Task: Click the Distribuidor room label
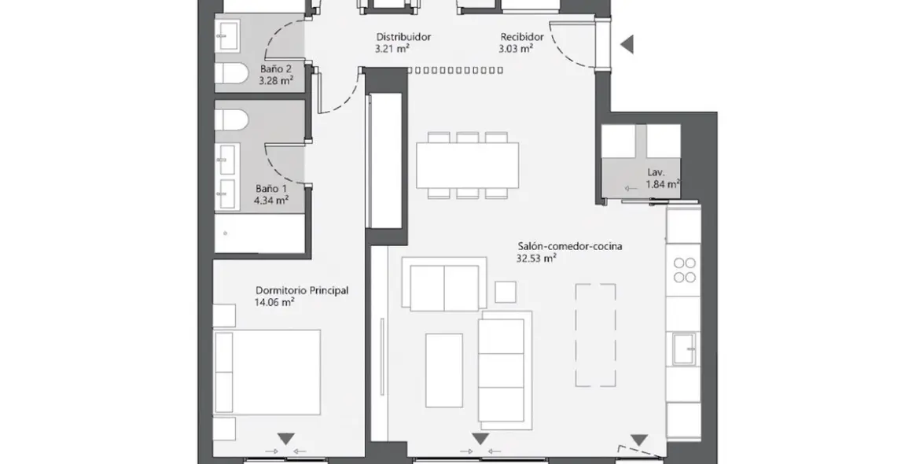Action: point(403,37)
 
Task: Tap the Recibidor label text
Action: point(522,37)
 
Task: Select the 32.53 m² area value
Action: point(536,257)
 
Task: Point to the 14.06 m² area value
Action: point(274,301)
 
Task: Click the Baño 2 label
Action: point(276,68)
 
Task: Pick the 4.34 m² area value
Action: point(270,201)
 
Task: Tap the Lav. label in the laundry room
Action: point(656,171)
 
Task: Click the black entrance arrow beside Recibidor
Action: point(627,45)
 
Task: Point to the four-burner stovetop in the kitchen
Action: point(685,270)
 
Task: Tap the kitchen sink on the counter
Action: point(683,348)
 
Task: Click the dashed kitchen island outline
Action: point(595,335)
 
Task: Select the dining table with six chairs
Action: point(467,164)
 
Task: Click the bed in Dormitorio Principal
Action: point(267,372)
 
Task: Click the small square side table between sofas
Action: point(506,292)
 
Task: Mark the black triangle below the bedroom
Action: point(285,438)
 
